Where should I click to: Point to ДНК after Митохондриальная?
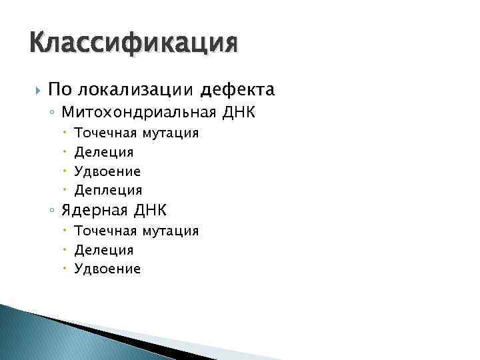click(x=236, y=111)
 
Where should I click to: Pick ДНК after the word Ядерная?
click(x=150, y=211)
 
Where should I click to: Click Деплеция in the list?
click(x=108, y=191)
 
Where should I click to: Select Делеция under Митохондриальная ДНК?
click(x=104, y=153)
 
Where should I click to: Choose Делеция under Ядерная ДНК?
click(x=104, y=250)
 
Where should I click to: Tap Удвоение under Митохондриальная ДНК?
click(x=107, y=172)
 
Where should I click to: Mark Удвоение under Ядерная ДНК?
click(x=107, y=269)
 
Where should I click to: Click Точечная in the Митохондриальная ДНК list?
click(x=104, y=133)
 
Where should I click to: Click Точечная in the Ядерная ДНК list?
click(x=104, y=231)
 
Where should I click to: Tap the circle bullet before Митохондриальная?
click(x=52, y=111)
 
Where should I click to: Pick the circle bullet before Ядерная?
click(x=52, y=211)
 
